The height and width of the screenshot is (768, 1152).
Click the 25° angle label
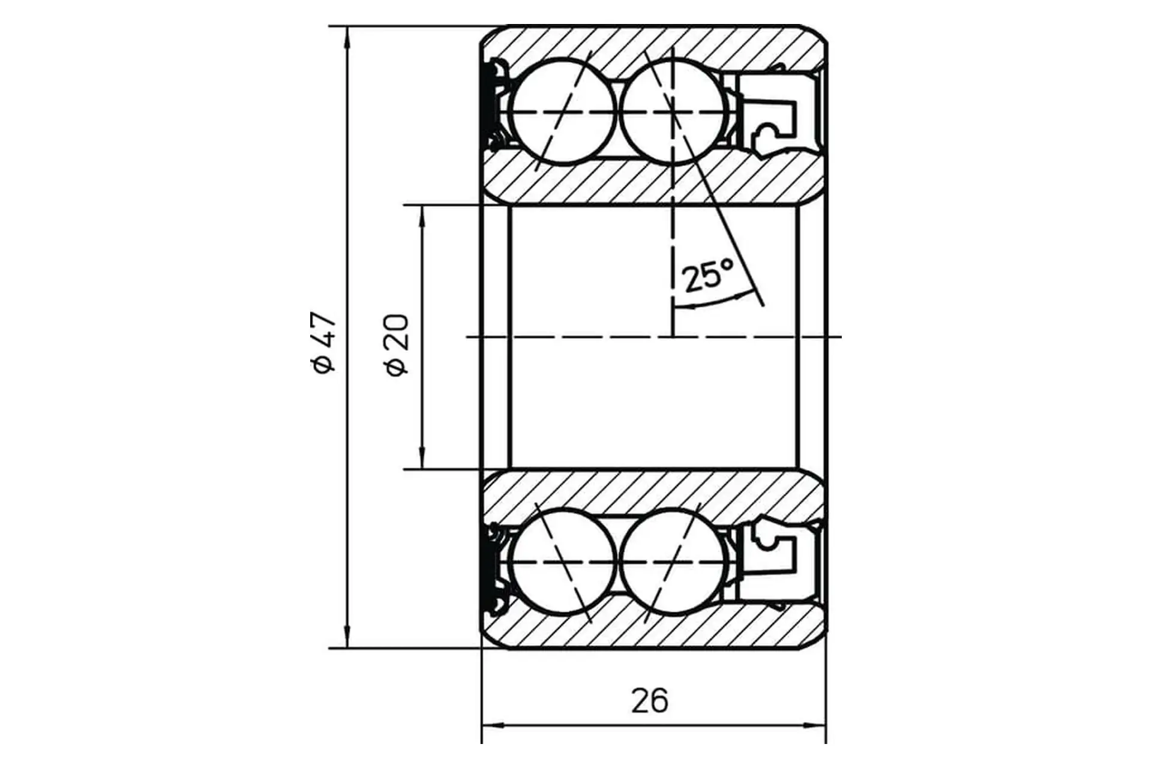[708, 276]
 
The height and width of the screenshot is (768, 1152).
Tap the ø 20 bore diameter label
[397, 345]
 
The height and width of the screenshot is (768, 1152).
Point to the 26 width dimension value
[649, 700]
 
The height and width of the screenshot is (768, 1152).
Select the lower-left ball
[562, 562]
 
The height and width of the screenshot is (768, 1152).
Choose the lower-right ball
[673, 562]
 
